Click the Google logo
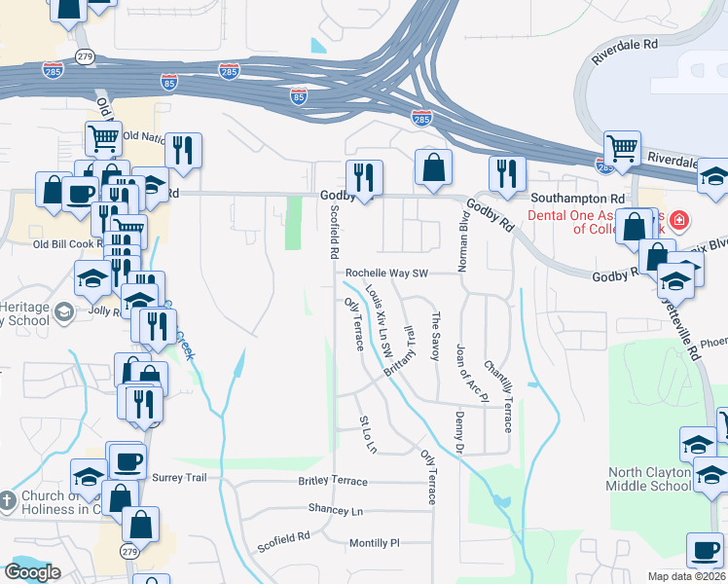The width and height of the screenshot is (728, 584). tap(32, 572)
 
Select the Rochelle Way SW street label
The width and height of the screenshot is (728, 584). tap(387, 274)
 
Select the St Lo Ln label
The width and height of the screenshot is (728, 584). tap(367, 434)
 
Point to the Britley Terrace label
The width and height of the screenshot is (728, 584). tap(333, 482)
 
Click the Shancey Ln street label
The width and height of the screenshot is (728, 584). tap(335, 510)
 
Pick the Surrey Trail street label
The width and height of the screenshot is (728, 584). tap(181, 478)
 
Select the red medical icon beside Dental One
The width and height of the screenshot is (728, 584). tap(678, 221)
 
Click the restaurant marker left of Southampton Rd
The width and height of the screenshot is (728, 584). tap(505, 173)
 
